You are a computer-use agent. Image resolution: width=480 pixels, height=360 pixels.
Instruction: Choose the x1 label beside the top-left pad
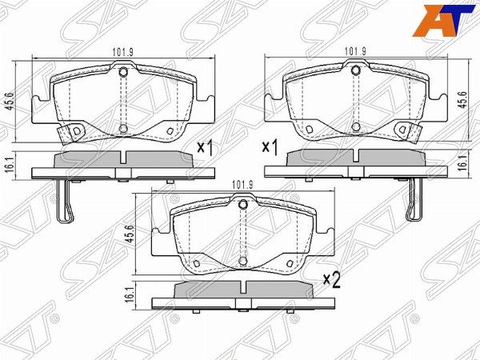tap(205, 148)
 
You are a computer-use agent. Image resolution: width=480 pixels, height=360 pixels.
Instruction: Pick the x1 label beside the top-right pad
tap(271, 148)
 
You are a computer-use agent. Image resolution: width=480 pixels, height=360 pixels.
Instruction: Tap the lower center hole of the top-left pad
tap(123, 127)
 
